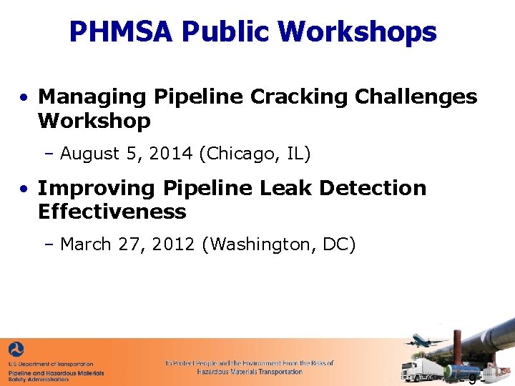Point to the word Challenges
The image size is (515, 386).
[x=406, y=96]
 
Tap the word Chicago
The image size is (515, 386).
[x=235, y=153]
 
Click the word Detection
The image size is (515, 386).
[x=373, y=188]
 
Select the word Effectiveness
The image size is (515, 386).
[x=112, y=212]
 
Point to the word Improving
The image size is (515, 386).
[x=97, y=188]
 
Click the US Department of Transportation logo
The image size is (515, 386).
[x=16, y=350]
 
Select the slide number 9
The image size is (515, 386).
[x=472, y=378]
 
